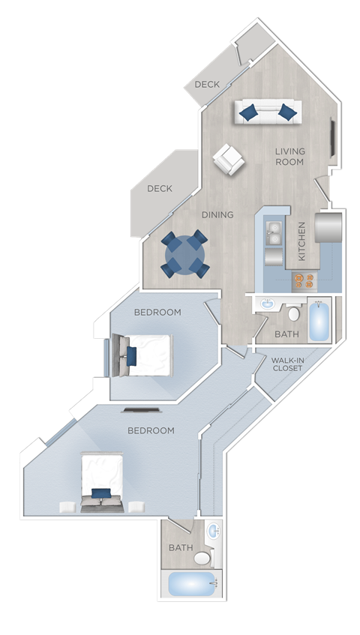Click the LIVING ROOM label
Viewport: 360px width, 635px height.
pyautogui.click(x=289, y=156)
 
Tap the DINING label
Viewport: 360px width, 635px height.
pyautogui.click(x=217, y=215)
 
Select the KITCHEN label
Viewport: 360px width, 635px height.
pyautogui.click(x=302, y=241)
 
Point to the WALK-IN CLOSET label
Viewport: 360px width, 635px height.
pyautogui.click(x=287, y=364)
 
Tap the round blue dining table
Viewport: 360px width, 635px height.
pyautogui.click(x=184, y=255)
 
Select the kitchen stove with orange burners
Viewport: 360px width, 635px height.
pyautogui.click(x=303, y=280)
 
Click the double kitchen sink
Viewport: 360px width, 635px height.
pyautogui.click(x=274, y=234)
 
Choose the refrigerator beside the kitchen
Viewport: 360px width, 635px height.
pyautogui.click(x=328, y=228)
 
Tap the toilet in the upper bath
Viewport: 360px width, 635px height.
pyautogui.click(x=294, y=312)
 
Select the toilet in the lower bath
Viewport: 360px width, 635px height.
pyautogui.click(x=202, y=558)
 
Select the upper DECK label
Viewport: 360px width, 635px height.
pyautogui.click(x=207, y=85)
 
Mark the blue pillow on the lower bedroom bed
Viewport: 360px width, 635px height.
pyautogui.click(x=101, y=493)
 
